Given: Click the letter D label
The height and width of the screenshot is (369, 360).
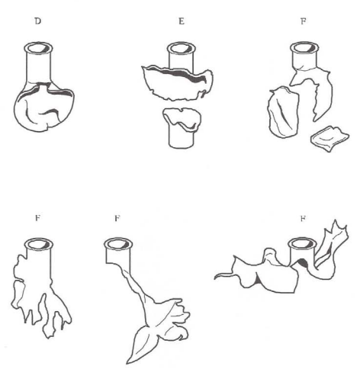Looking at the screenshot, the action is tap(37, 21).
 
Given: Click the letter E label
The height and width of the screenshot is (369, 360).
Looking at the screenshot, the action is tap(182, 21).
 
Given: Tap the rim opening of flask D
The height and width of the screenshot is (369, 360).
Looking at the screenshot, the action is tap(38, 48).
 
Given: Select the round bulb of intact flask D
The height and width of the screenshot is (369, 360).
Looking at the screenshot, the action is tap(43, 107).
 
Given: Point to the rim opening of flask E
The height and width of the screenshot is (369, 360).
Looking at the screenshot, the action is tap(182, 48).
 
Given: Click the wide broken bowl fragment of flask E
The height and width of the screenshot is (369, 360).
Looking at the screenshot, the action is tap(178, 82).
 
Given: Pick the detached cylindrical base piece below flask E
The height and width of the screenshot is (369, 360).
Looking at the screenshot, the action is tap(182, 128).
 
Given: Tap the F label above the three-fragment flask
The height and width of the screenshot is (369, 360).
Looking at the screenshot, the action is tap(303, 21).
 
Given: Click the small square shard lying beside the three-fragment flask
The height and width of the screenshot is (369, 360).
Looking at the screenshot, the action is tap(329, 139).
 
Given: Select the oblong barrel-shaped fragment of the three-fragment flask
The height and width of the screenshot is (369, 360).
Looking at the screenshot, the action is tap(283, 113).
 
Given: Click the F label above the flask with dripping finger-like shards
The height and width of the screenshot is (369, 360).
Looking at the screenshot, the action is tap(37, 218).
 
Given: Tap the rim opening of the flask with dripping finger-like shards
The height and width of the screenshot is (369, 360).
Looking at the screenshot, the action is tap(39, 245).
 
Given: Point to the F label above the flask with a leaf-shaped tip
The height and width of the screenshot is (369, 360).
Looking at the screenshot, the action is tap(117, 218).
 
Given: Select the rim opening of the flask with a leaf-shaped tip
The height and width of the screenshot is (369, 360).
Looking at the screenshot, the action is tap(118, 244).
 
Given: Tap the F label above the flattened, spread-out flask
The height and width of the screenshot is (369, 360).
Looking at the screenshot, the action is tap(303, 218).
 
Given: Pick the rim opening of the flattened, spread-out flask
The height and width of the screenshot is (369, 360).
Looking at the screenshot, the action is tap(302, 244).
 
